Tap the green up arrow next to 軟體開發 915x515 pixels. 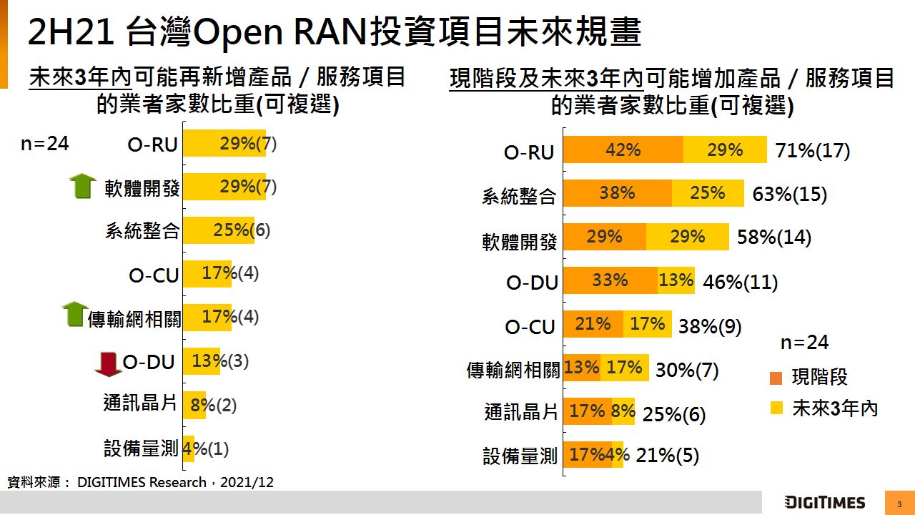point(83,186)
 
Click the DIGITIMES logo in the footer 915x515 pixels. point(824,502)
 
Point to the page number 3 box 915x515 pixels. point(899,503)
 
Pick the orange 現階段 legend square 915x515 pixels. point(776,378)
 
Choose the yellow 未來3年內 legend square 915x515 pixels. point(776,408)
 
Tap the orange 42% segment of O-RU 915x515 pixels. point(623,150)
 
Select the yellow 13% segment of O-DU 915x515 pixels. point(676,280)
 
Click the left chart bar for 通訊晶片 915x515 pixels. point(194,405)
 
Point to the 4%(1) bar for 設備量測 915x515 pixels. point(189,448)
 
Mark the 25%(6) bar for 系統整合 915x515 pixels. point(219,230)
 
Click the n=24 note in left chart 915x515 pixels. point(44,144)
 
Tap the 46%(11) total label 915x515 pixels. point(740,282)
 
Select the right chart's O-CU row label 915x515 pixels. point(530,327)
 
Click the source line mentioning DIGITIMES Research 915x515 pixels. point(141,483)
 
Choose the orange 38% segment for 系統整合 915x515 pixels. point(617,193)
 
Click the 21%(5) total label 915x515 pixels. point(667,456)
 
